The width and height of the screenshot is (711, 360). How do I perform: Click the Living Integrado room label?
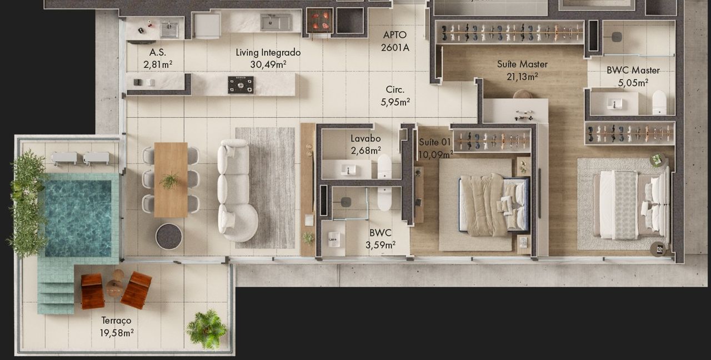(x=268, y=52)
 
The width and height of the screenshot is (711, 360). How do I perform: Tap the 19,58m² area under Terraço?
(x=117, y=333)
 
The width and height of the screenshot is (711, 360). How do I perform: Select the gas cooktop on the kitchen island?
(x=241, y=85)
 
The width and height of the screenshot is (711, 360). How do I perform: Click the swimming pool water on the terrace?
(x=78, y=218)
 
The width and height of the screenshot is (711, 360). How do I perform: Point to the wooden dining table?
(x=171, y=179)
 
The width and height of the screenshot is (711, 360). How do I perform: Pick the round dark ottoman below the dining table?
(x=169, y=236)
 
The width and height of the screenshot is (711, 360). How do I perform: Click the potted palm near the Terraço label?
(x=207, y=329)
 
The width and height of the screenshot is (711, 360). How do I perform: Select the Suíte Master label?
(x=522, y=64)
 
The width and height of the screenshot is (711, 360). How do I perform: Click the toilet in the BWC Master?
(x=659, y=102)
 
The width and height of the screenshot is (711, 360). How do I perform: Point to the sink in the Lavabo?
(x=348, y=169)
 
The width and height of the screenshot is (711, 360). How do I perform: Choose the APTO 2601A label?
(x=395, y=41)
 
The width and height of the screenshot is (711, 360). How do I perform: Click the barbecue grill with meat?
(x=320, y=21)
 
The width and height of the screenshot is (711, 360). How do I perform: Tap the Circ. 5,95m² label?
(x=395, y=96)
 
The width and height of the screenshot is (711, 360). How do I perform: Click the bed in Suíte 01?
(x=494, y=205)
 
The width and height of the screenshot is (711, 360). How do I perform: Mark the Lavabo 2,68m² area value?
(x=365, y=151)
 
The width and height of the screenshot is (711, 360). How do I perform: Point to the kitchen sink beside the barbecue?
(x=276, y=22)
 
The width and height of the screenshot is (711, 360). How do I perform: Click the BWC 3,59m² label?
(x=380, y=239)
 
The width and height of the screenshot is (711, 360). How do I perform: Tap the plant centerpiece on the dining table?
(x=170, y=181)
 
